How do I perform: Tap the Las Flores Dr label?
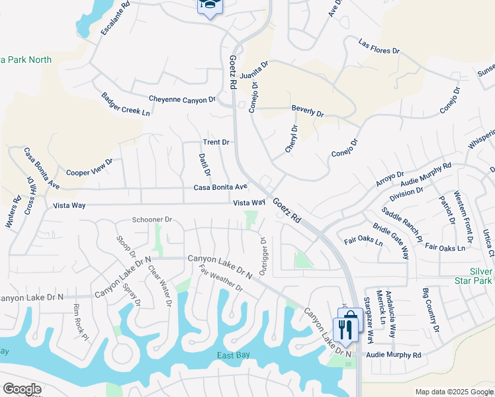click(379, 46)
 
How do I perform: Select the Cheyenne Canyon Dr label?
click(182, 99)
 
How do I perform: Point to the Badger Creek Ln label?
click(126, 105)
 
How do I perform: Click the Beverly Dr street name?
click(308, 110)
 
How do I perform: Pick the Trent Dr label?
click(216, 142)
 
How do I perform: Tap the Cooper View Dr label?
click(89, 166)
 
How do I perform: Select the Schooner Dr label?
click(152, 219)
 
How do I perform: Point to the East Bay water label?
click(234, 355)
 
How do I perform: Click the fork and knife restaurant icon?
click(344, 329)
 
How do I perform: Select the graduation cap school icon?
click(210, 5)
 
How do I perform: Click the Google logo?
click(22, 389)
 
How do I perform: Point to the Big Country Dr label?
click(431, 310)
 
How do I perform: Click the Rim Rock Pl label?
click(81, 322)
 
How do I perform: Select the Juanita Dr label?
click(254, 69)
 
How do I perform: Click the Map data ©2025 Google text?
click(453, 392)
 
